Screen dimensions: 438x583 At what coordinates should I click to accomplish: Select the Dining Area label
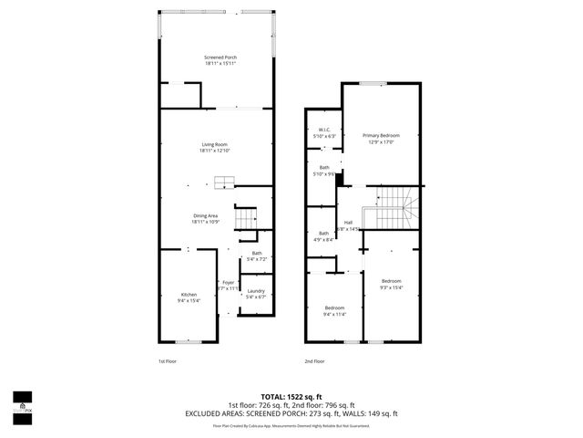pos(206,215)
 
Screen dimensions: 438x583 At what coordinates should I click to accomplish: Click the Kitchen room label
pos(189,294)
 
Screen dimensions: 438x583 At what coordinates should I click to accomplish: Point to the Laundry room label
pos(255,290)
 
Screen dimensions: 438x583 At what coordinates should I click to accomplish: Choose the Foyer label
pos(228,282)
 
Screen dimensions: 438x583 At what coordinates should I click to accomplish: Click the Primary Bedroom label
pos(381,135)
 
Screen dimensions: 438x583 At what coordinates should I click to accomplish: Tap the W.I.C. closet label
pos(323,130)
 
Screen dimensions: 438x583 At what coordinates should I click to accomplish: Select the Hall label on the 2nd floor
pos(348,222)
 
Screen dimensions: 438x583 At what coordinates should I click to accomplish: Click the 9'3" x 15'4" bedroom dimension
pos(391,287)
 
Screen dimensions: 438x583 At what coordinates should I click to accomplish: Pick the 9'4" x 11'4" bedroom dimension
pos(335,314)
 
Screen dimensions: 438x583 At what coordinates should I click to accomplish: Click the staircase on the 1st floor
pos(246,219)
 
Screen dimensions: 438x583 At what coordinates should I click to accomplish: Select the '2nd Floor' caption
pos(313,360)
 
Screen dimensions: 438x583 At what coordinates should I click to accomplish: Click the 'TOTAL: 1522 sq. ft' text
pos(291,396)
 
